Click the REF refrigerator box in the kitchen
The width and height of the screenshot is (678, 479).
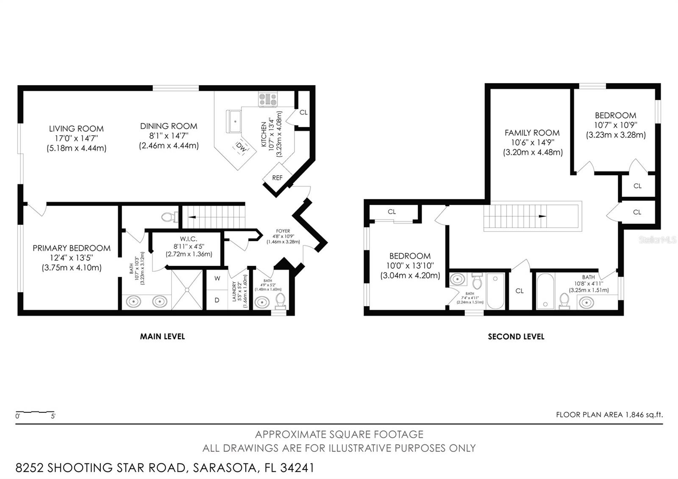pos(277,178)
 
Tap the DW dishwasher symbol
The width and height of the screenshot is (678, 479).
pos(241,148)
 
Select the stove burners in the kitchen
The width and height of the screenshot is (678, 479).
pos(268,100)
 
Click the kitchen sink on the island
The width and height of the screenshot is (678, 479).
pos(233,122)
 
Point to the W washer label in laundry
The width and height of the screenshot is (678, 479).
pos(217,278)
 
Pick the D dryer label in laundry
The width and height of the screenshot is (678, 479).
pos(217,300)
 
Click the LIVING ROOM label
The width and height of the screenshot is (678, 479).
pos(76,128)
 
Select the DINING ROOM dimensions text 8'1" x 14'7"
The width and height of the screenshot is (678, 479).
pos(169,136)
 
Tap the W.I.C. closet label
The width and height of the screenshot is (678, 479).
pos(189,239)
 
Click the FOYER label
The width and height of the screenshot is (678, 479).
pos(283,231)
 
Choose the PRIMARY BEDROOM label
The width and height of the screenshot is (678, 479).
pos(72,248)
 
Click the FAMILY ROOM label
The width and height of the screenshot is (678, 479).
pos(532,133)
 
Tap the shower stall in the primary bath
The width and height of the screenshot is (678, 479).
pos(187,290)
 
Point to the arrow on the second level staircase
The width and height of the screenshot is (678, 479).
pos(542,216)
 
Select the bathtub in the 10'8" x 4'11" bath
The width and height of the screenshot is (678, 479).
pos(545,291)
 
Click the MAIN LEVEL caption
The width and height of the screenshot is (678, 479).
pos(162,337)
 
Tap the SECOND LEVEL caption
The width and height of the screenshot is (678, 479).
pos(516,337)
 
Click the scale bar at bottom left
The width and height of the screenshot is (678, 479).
pos(35,413)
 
